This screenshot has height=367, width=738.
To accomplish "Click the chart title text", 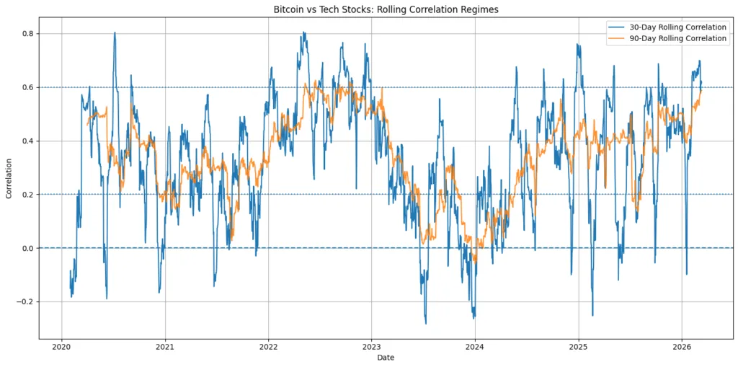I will point(386,10).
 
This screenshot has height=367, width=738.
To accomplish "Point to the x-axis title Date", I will point(386,358).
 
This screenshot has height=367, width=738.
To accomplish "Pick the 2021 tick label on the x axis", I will point(165,345).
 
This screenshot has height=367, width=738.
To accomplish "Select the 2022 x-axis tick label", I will point(268,345).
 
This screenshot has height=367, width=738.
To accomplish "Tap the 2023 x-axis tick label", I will point(371,345).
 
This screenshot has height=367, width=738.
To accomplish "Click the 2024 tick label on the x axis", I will point(474,345).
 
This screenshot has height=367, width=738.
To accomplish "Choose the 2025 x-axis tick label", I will point(578,345).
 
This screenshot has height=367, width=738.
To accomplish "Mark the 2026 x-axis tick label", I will point(681,345).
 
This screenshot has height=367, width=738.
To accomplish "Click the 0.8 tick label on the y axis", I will point(28,34).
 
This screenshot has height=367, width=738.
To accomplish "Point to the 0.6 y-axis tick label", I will point(28,87).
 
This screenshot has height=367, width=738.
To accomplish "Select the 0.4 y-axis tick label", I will point(28,141).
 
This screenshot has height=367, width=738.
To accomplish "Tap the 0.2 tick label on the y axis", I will point(28,195).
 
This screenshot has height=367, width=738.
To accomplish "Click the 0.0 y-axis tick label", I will point(28,248).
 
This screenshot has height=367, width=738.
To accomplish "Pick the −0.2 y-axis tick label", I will point(25,301).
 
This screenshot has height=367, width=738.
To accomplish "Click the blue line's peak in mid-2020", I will point(114,32).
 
